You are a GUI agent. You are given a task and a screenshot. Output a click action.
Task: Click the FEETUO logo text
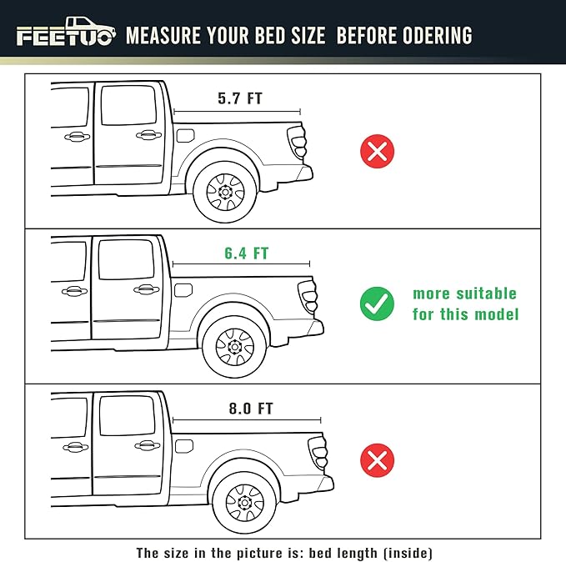(x=64, y=38)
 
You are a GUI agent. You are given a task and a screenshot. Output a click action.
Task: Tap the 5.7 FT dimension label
(x=239, y=98)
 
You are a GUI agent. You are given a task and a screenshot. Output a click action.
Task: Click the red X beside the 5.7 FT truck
(x=377, y=151)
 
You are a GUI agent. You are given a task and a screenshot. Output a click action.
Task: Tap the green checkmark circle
(x=377, y=304)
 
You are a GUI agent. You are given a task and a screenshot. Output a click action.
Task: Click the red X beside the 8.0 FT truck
(x=377, y=460)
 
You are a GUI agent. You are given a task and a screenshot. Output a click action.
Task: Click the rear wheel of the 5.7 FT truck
(x=224, y=192)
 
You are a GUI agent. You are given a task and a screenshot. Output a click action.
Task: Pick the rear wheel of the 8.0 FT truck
(x=243, y=502)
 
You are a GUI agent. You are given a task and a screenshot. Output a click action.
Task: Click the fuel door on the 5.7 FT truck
(x=185, y=135)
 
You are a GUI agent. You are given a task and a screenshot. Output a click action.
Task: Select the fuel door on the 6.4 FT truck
(x=183, y=289)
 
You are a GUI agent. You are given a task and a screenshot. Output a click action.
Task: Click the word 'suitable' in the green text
(x=488, y=294)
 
